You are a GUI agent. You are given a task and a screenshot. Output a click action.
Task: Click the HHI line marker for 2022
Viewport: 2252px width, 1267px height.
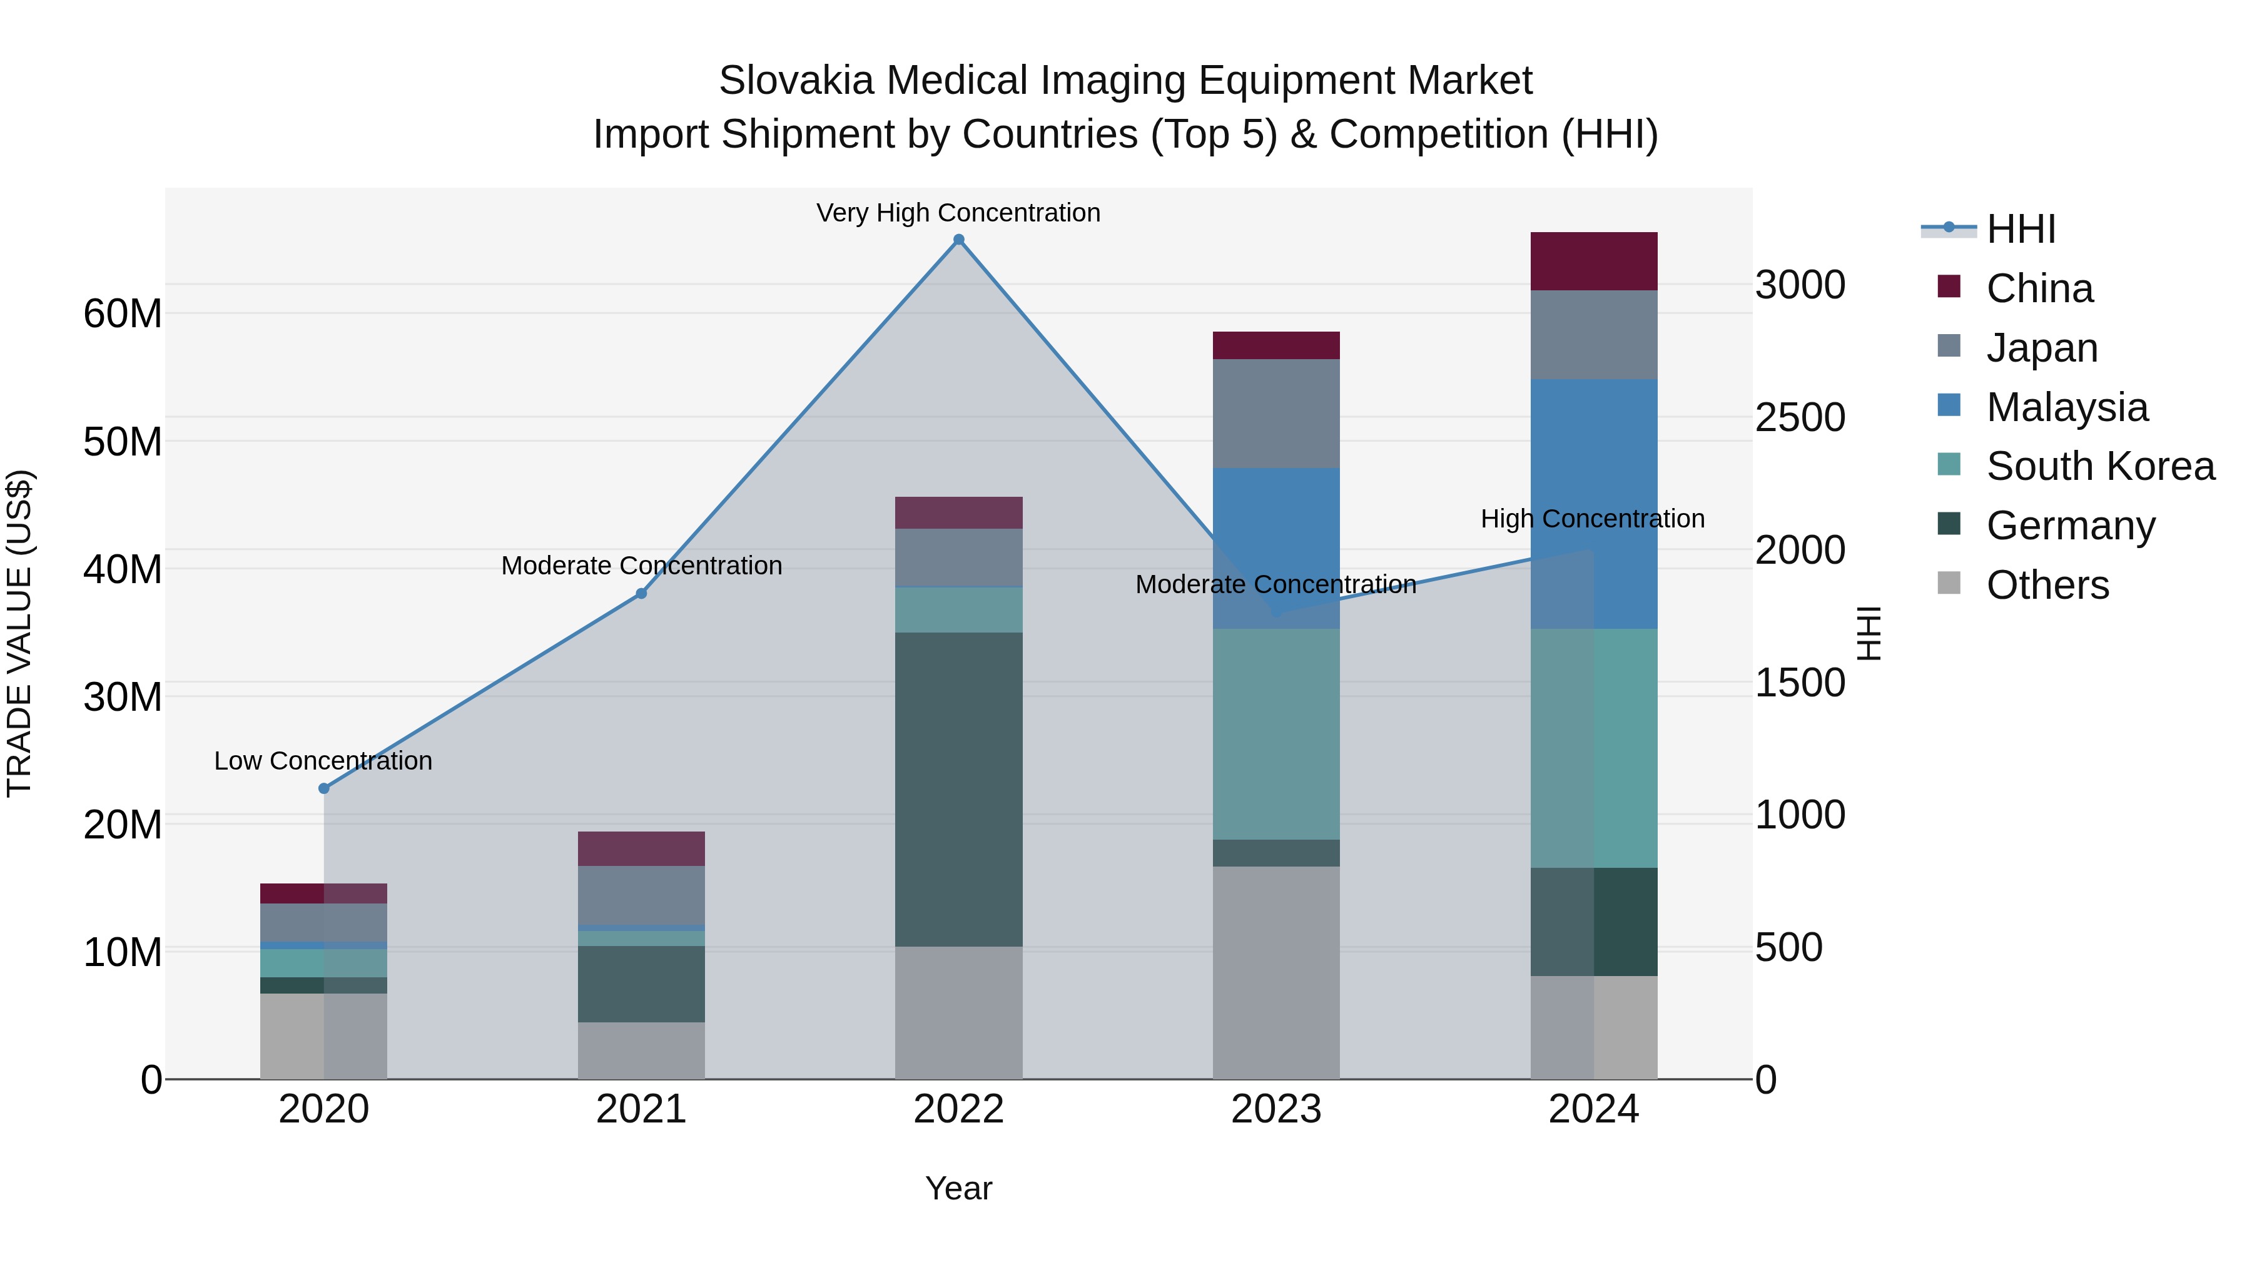coord(958,240)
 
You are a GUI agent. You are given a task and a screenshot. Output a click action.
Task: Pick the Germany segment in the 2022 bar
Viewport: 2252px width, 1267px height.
coord(958,789)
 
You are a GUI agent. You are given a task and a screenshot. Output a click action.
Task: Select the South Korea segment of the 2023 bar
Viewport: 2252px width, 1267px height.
coord(1276,735)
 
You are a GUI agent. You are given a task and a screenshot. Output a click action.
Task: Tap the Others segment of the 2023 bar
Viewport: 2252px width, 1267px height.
coord(1276,972)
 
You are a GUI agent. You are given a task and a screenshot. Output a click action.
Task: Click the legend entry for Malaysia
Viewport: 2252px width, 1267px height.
coord(2067,407)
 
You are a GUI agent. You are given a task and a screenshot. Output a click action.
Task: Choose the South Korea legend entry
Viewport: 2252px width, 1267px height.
coord(2100,466)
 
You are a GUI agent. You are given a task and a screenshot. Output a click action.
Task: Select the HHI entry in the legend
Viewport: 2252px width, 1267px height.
coord(2021,229)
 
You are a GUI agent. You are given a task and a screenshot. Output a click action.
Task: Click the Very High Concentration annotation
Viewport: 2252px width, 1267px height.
coord(958,213)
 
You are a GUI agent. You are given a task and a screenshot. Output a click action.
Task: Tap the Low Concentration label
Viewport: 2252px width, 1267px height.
coord(323,761)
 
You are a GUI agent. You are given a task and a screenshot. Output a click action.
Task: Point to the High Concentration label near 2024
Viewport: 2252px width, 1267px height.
coord(1592,519)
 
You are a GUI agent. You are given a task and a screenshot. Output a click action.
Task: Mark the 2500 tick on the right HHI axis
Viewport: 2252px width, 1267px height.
coord(1799,418)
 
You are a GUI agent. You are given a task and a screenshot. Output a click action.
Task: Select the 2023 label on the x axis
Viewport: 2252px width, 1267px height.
coord(1276,1109)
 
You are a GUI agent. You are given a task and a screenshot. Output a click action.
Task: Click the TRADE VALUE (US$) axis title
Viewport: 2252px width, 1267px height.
coord(19,633)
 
